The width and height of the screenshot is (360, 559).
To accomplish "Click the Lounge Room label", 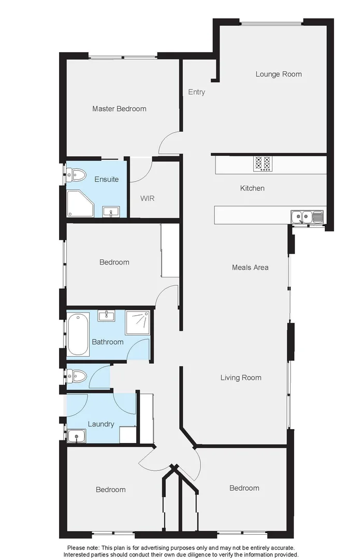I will (x=278, y=74).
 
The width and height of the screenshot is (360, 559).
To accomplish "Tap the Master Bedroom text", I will (x=119, y=109).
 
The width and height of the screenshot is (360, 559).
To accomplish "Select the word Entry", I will (x=196, y=92).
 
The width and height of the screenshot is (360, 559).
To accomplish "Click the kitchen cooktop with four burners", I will (x=262, y=164).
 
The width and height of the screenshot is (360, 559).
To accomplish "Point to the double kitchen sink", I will (x=307, y=216).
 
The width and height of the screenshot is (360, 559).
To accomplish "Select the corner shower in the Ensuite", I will (x=79, y=203).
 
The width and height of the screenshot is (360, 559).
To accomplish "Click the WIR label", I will (x=148, y=198).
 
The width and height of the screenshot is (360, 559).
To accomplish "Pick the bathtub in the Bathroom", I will (x=78, y=334).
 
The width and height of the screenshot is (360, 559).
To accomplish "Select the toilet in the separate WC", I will (x=76, y=376).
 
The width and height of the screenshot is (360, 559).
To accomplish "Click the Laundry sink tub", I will (x=77, y=437).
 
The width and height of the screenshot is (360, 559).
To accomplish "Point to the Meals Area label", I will (x=250, y=268).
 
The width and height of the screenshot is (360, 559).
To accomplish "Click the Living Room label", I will (x=241, y=378).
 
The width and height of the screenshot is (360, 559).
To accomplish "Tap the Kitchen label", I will (x=252, y=188).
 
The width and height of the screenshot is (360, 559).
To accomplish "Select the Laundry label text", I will (x=101, y=424).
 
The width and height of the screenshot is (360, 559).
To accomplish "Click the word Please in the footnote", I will (x=78, y=548).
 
